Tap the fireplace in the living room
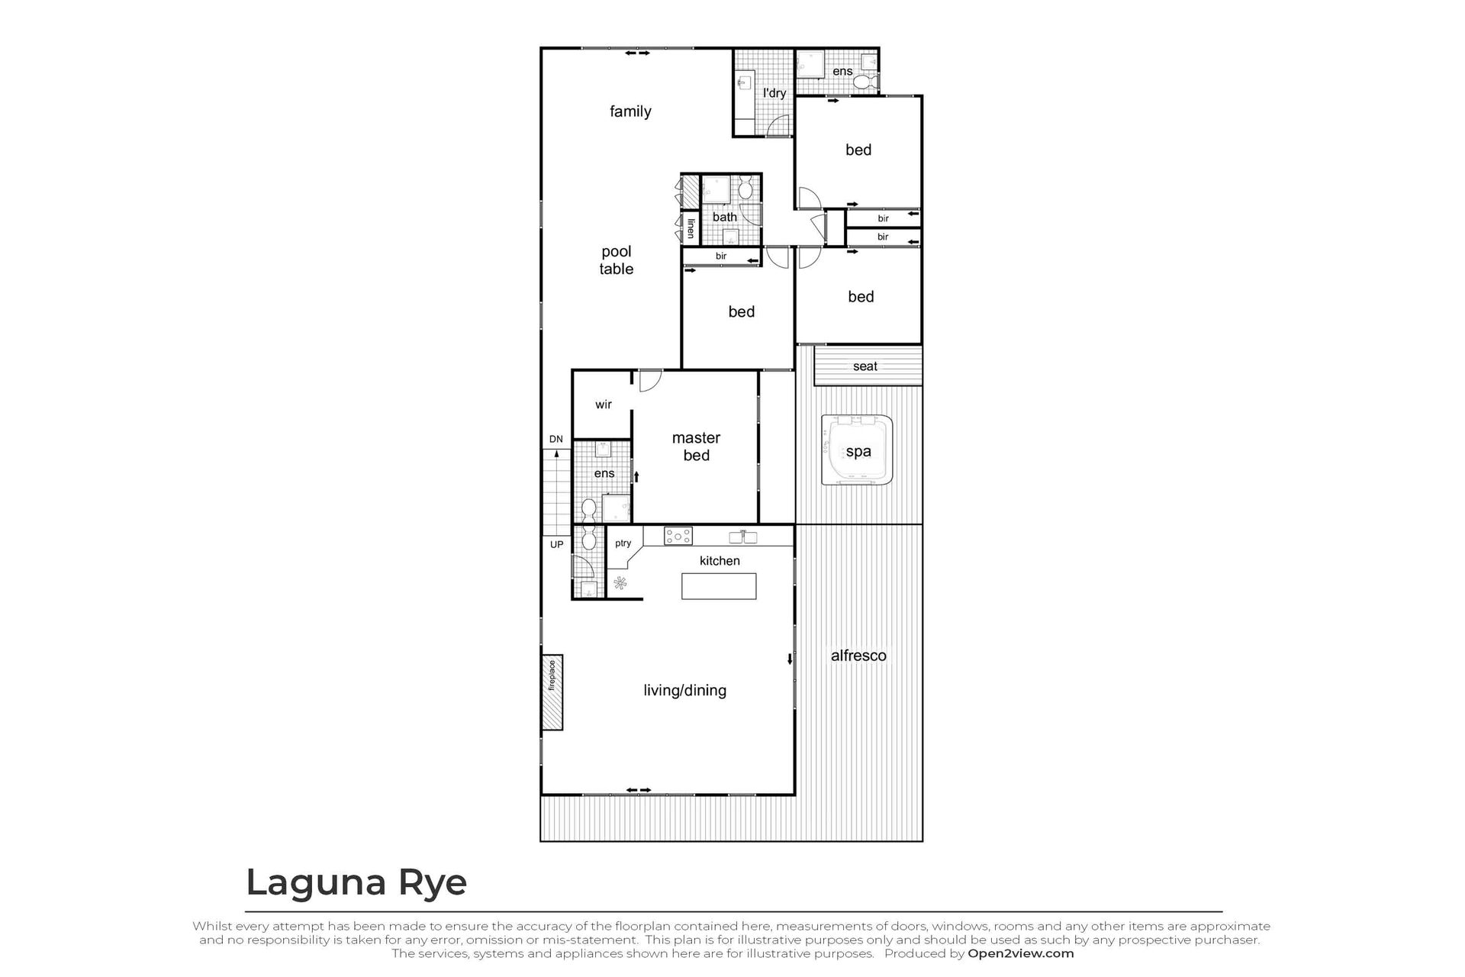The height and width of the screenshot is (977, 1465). coord(552,693)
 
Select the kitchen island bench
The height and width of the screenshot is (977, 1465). coord(719,586)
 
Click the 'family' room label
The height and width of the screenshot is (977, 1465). coord(630,111)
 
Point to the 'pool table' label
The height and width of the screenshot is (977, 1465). coord(617,260)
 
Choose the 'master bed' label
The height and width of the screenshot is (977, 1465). coord(696,447)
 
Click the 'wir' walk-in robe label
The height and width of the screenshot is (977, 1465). coord(604,405)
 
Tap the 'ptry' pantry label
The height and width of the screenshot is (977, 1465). coord(623,543)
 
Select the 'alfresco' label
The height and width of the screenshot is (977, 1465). coord(858,656)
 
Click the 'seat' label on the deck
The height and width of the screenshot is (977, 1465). coord(865,366)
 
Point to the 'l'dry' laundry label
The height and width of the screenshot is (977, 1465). coord(774,93)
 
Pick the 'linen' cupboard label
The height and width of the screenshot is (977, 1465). coord(691,228)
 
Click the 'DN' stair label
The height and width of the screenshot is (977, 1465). coord(556,439)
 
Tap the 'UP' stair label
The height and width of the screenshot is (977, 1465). coord(557,544)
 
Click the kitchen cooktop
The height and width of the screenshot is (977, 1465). coord(678,536)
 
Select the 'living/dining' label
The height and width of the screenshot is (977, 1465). coord(685,691)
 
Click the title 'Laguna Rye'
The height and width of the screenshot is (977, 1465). coord(356,883)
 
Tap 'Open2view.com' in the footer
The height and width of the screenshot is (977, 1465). coord(1021,953)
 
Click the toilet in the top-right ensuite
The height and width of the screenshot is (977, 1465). coord(865,81)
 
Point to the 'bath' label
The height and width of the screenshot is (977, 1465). coord(725,217)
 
